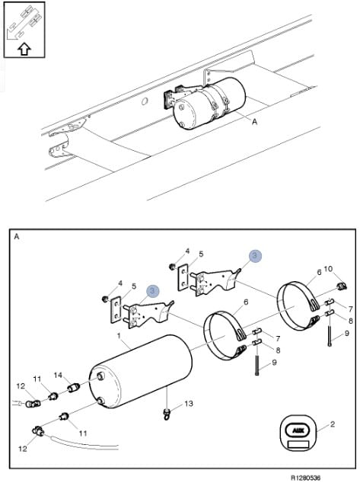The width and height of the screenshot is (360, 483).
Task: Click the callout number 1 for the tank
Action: click(119, 335)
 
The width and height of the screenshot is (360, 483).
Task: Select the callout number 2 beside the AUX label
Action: click(333, 424)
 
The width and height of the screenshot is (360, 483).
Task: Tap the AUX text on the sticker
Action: click(298, 430)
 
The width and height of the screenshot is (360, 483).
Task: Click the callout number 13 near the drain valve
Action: click(189, 403)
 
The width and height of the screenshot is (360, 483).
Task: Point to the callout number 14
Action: click(58, 375)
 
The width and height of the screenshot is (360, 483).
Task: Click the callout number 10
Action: click(328, 269)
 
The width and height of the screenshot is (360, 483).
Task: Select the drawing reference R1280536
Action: click(305, 478)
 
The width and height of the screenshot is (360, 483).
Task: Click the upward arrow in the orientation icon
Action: click(24, 49)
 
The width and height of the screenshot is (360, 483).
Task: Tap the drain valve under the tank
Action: click(167, 414)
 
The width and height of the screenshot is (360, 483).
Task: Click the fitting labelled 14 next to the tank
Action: click(74, 388)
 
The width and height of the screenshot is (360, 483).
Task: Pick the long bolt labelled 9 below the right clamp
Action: click(330, 335)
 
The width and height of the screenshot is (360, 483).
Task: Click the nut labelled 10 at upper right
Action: click(342, 286)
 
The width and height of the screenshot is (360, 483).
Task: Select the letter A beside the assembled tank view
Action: click(254, 122)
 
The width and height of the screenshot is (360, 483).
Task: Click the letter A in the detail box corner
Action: click(17, 237)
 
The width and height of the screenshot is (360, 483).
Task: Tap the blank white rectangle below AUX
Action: click(298, 444)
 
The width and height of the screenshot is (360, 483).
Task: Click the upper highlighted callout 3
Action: click(255, 255)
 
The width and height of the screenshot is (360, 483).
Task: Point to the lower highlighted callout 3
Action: click(153, 290)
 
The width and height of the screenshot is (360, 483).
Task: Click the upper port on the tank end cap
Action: click(100, 376)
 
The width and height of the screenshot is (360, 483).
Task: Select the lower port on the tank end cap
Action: click(100, 401)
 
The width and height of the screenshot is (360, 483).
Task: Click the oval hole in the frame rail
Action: click(145, 101)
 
